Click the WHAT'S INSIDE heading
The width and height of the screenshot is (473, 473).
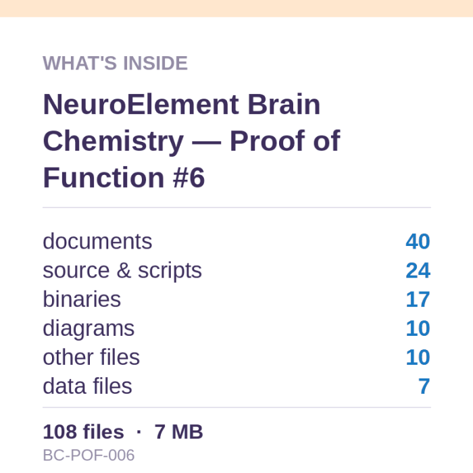[116, 63]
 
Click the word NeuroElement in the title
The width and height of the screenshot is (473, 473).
[141, 105]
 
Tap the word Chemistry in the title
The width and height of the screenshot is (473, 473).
[114, 142]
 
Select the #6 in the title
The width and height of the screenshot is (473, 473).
[189, 178]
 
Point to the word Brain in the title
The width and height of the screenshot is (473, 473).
[284, 105]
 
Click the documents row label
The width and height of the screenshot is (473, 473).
[97, 241]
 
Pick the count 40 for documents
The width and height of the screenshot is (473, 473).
[418, 241]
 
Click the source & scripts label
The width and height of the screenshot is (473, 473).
[122, 270]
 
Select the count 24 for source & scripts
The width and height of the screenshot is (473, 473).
[418, 270]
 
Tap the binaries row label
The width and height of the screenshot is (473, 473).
[82, 299]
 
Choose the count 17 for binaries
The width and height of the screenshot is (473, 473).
[418, 299]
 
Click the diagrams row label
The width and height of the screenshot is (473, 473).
[89, 329]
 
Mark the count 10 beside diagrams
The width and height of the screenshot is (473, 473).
[418, 328]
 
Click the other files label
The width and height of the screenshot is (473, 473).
[91, 357]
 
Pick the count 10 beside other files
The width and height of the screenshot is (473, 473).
[418, 357]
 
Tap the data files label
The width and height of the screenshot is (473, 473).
[87, 386]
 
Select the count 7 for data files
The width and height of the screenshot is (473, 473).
[424, 386]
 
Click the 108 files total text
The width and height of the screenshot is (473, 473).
[84, 432]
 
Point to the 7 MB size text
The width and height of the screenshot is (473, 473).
[178, 432]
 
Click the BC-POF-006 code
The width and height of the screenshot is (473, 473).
[89, 455]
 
